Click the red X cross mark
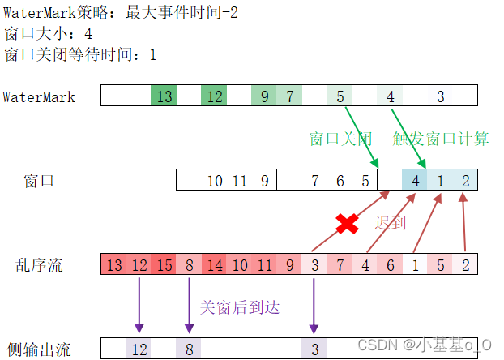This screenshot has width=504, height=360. coord(347,223)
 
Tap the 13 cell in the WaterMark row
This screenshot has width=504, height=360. coord(164,96)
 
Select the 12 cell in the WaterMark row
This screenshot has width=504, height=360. coord(214,96)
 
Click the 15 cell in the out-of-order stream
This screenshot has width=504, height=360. coord(164,264)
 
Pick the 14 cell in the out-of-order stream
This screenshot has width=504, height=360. coord(215,264)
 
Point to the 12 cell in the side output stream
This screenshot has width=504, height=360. coord(139,349)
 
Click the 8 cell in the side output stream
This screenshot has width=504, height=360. coord(189,349)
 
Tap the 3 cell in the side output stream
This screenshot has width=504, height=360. coord(314,349)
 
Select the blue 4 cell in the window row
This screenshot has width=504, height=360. coord(415,180)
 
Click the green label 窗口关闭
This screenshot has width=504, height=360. coord(340,139)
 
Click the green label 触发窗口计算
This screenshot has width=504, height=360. coord(441,139)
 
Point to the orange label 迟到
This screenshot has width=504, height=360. coord(390,222)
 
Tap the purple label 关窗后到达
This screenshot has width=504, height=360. coord(240,306)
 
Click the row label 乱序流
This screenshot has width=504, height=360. coord(39,264)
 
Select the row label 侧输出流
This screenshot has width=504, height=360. coord(38,349)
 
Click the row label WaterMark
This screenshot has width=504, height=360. coord(39,97)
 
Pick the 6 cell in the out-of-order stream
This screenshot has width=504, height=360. coord(390,264)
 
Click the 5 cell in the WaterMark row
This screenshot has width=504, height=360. coord(340,96)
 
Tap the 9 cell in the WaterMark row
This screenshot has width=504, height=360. coord(263,96)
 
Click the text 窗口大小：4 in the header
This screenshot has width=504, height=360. coord(49,34)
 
